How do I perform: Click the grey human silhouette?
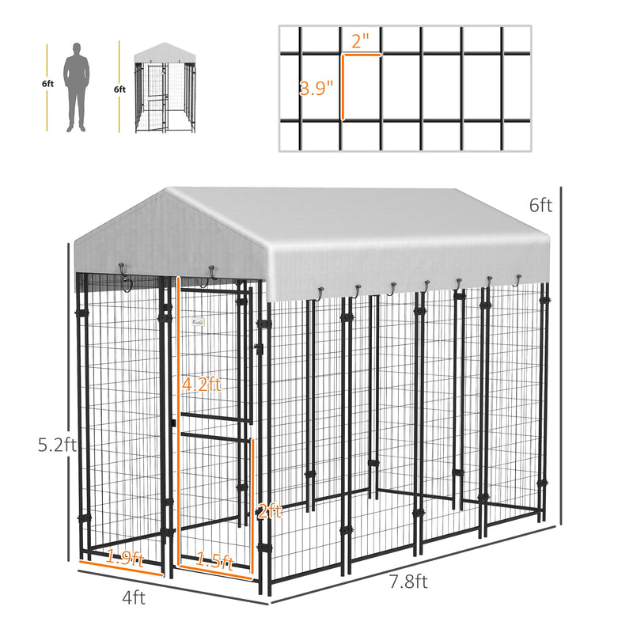click(77, 87)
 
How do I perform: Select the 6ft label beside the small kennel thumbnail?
click(119, 90)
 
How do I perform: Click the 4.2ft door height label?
click(201, 385)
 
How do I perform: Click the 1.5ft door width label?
click(214, 563)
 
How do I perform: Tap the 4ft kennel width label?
click(133, 598)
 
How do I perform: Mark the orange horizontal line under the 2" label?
click(362, 55)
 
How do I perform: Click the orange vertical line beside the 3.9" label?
click(343, 87)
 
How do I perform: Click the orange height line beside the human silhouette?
click(47, 88)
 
